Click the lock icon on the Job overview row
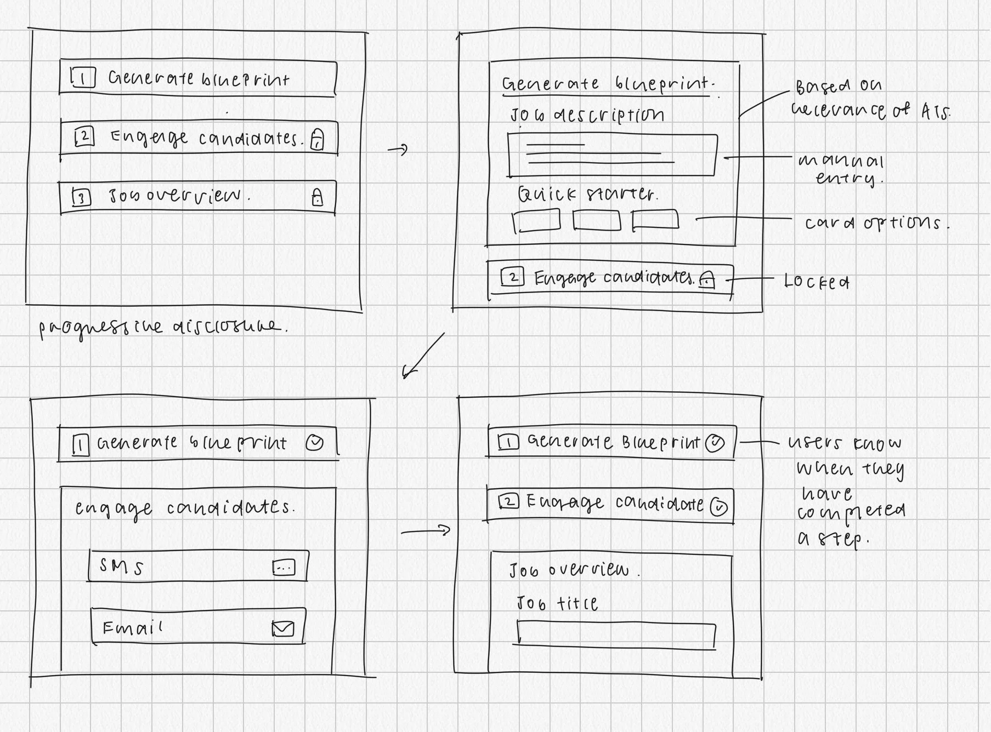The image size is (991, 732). pyautogui.click(x=317, y=197)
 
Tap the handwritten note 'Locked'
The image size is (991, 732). pyautogui.click(x=817, y=282)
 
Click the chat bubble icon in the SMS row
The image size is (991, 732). pyautogui.click(x=284, y=568)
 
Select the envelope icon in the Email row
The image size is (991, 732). pyautogui.click(x=283, y=629)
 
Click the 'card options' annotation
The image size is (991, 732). pyautogui.click(x=876, y=223)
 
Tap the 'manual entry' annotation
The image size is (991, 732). pyautogui.click(x=841, y=170)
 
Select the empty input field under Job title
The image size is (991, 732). pyautogui.click(x=615, y=634)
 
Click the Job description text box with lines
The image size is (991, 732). pyautogui.click(x=611, y=155)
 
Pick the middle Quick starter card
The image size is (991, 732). pyautogui.click(x=596, y=220)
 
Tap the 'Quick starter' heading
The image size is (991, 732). pyautogui.click(x=586, y=194)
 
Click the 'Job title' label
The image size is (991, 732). pyautogui.click(x=557, y=603)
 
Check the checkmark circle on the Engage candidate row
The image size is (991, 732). pyautogui.click(x=718, y=507)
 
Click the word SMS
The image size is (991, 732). pyautogui.click(x=121, y=567)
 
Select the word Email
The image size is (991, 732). pyautogui.click(x=132, y=628)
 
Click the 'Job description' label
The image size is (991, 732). pyautogui.click(x=587, y=115)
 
